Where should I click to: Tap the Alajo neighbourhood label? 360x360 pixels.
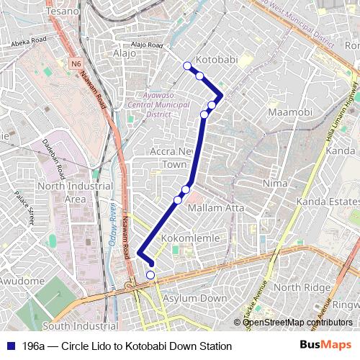pyautogui.click(x=120, y=53)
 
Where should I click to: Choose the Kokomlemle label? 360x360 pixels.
pyautogui.click(x=190, y=238)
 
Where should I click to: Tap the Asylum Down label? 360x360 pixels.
pyautogui.click(x=194, y=298)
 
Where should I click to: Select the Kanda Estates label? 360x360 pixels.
pyautogui.click(x=330, y=201)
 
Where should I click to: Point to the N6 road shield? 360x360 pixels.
pyautogui.click(x=76, y=63)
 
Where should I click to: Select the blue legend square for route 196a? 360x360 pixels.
pyautogui.click(x=9, y=346)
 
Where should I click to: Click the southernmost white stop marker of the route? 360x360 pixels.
pyautogui.click(x=150, y=274)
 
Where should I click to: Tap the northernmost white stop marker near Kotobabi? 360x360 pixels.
pyautogui.click(x=188, y=66)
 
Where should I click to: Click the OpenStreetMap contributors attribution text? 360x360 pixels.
pyautogui.click(x=297, y=322)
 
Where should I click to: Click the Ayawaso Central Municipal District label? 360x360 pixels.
pyautogui.click(x=158, y=104)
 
